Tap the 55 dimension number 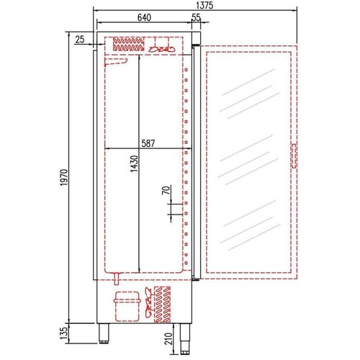click(x=197, y=18)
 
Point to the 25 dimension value click(x=79, y=40)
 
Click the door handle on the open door click(x=294, y=156)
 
